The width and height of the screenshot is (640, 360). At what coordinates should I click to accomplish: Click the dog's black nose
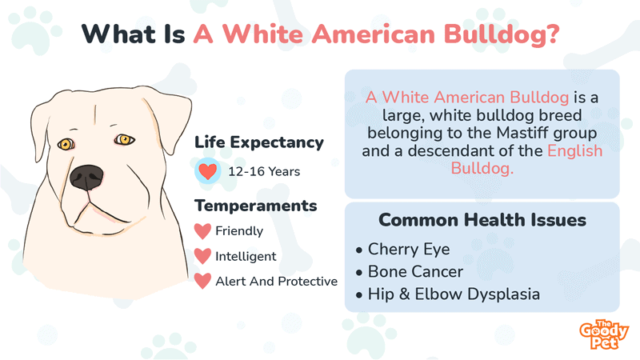(86, 178)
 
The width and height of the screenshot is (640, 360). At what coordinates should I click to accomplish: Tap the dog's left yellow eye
(66, 144)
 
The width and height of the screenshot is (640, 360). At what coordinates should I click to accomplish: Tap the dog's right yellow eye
(124, 140)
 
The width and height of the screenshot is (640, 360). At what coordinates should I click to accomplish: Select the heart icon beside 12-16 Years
(208, 171)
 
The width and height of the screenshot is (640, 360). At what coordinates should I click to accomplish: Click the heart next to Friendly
(202, 231)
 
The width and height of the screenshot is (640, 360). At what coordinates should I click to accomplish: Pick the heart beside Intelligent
(202, 256)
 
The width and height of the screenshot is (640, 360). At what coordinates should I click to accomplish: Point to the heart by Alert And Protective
(202, 282)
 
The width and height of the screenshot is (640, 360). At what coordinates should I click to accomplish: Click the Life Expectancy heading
(258, 142)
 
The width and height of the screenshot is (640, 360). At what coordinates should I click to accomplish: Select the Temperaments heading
(255, 206)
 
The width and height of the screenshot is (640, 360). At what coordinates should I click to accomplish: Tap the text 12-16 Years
(264, 171)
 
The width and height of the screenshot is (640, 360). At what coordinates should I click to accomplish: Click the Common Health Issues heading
(482, 220)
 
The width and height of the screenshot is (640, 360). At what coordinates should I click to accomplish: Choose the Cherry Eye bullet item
(403, 250)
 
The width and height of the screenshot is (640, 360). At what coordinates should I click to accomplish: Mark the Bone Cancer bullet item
(410, 272)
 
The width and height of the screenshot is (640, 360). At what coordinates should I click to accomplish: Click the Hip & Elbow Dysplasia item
(448, 294)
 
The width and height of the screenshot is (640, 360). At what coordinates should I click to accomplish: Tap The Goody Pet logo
(604, 334)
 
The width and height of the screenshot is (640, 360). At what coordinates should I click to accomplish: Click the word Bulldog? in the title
(502, 34)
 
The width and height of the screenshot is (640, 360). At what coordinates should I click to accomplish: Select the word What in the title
(119, 34)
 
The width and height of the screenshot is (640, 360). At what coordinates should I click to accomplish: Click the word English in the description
(574, 151)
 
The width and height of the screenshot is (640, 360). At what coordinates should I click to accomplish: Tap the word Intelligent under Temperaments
(246, 256)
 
